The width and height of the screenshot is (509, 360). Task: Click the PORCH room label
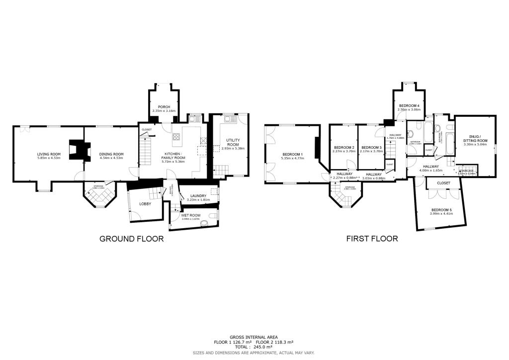(164, 107)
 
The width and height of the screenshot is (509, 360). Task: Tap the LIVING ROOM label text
(49, 154)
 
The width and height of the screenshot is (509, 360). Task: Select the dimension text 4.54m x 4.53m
(111, 159)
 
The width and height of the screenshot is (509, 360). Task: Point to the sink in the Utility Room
(229, 120)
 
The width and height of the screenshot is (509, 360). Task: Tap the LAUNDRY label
(198, 196)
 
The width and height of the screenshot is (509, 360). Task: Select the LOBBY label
(145, 204)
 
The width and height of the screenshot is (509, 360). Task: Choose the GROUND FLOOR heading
(132, 239)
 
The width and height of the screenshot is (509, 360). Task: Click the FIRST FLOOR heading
(372, 239)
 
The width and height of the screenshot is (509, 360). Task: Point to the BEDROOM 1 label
(292, 154)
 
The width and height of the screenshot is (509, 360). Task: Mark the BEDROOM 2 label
(344, 147)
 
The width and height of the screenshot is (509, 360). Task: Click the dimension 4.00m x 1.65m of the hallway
(430, 171)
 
